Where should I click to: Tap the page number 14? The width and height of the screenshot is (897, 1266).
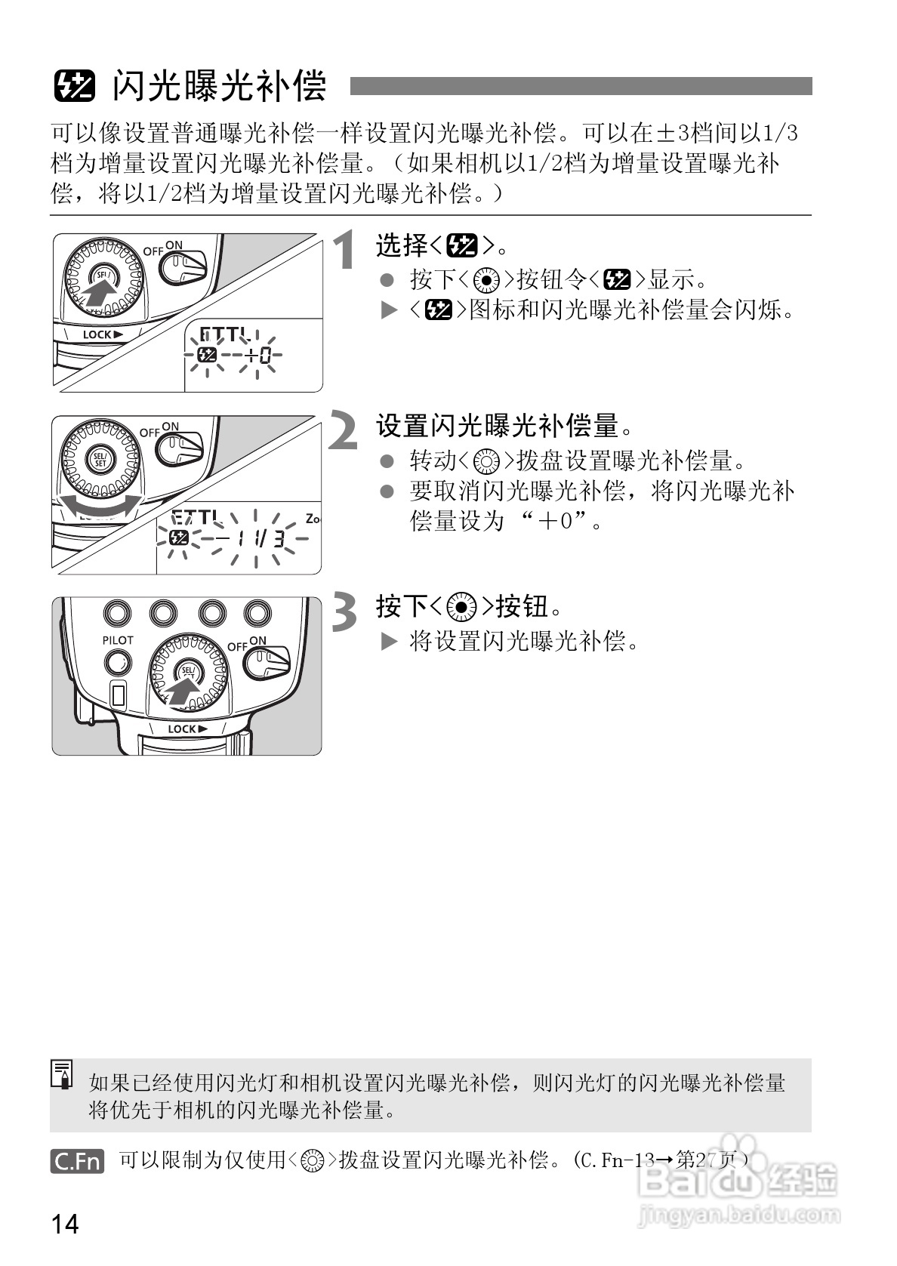pos(66,1223)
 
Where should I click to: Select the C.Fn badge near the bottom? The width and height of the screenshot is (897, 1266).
pos(77,1160)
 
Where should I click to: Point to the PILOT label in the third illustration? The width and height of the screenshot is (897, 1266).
pos(118,640)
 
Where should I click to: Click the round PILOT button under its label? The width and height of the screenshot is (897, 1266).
pos(118,664)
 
